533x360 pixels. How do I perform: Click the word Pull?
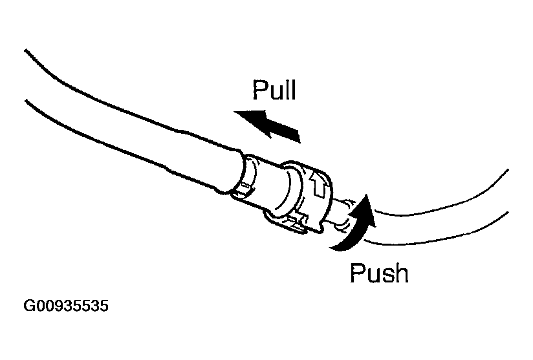coord(274,90)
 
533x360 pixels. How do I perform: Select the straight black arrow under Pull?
coord(267,123)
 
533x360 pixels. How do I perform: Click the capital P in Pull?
coord(260,90)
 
